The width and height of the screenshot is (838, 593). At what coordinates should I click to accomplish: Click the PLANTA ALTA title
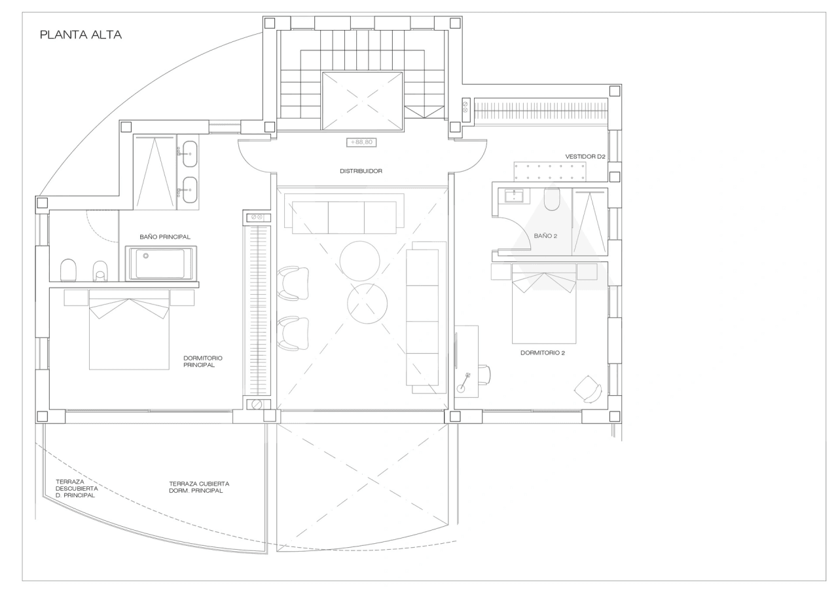tap(81, 35)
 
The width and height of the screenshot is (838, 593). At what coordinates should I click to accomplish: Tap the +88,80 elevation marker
tap(361, 142)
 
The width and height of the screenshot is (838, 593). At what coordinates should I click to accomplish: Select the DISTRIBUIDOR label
tap(361, 171)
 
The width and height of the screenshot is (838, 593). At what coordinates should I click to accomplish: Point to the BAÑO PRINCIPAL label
tap(165, 237)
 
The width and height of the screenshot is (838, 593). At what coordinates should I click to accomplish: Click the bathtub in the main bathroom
tap(161, 263)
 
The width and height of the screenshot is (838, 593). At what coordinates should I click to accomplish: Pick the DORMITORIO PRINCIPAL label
tap(203, 361)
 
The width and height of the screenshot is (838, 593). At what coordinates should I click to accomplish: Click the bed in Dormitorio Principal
tap(129, 330)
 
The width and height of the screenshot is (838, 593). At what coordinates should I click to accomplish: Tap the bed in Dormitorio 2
tap(544, 303)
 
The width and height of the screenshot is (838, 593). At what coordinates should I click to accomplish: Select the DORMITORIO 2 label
tap(543, 353)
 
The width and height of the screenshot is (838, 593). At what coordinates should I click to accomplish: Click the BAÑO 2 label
tap(545, 236)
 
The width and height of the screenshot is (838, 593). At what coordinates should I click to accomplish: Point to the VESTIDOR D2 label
tap(585, 157)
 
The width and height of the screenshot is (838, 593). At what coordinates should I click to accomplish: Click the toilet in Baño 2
tap(552, 199)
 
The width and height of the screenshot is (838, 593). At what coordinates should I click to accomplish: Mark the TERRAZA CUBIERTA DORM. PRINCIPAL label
tap(199, 487)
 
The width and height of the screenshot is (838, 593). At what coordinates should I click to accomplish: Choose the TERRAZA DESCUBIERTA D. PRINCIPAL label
tap(77, 489)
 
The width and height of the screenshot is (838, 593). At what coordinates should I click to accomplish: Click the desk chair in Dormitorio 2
tap(484, 374)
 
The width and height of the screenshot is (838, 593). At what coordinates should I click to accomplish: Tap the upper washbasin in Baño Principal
tap(190, 154)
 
